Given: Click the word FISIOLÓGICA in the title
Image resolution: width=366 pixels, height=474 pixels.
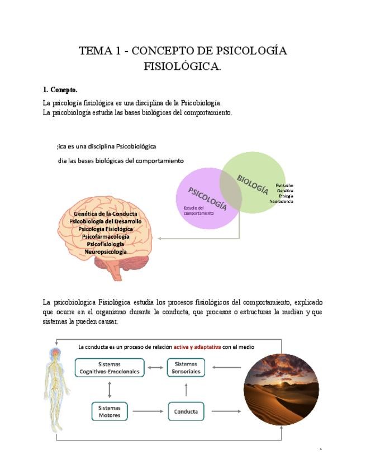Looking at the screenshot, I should (183, 67).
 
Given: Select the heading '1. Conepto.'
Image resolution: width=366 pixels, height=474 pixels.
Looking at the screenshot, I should (60, 89).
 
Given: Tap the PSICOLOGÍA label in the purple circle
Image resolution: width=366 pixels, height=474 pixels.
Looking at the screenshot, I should (207, 199).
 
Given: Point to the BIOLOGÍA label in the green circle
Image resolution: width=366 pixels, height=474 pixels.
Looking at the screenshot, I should (253, 184).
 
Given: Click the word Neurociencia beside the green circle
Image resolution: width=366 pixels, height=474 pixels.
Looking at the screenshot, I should (282, 201).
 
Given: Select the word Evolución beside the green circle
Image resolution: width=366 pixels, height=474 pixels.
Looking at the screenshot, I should (284, 185).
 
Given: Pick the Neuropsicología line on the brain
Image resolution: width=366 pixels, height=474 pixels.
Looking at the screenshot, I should (106, 252).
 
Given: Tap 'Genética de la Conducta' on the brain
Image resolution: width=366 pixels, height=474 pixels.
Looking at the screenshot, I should (106, 214).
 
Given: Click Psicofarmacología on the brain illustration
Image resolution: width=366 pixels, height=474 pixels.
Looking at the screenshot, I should (106, 236).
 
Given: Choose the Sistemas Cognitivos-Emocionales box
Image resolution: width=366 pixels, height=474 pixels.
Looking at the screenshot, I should (110, 367).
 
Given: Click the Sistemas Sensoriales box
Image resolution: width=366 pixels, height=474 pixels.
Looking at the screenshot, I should (186, 367).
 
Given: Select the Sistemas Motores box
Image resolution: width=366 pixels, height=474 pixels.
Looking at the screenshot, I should (110, 411).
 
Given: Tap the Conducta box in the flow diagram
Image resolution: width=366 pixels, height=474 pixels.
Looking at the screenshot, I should (186, 411).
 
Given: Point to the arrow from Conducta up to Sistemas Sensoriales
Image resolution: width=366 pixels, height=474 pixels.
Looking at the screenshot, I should (186, 390).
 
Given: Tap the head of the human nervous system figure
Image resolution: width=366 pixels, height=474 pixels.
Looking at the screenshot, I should (56, 353).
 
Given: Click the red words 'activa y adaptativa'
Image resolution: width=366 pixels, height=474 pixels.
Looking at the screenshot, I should (197, 347).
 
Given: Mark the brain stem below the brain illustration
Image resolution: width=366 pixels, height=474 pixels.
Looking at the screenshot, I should (116, 272).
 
